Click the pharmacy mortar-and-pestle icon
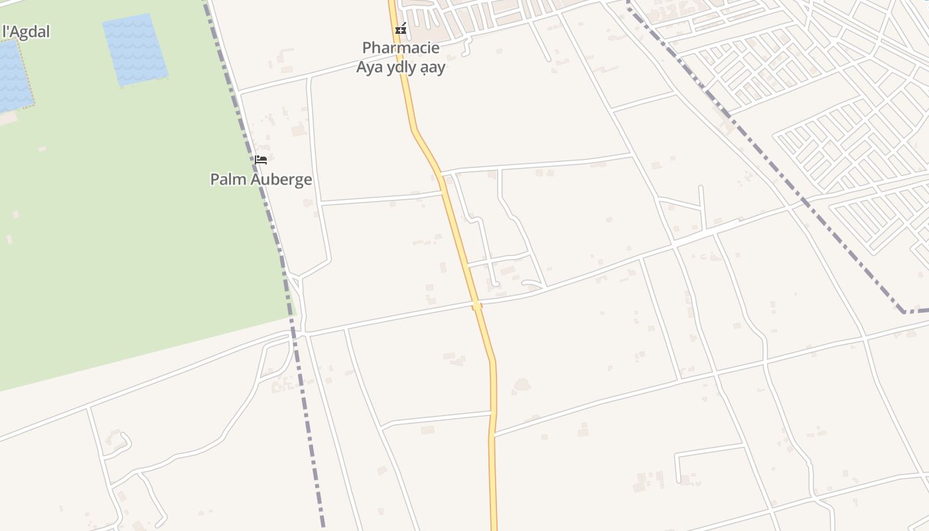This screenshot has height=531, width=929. click(400, 29)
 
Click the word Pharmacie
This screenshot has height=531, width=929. click(400, 48)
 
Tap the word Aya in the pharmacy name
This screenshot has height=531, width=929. click(370, 67)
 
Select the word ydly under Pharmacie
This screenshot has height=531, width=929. click(404, 68)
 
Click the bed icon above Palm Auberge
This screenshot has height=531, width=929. click(261, 159)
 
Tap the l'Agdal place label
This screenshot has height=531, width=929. click(27, 31)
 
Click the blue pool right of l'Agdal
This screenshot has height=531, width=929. click(135, 50)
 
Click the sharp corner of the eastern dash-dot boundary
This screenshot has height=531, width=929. click(904, 311)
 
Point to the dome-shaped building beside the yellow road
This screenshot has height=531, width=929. click(522, 385)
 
